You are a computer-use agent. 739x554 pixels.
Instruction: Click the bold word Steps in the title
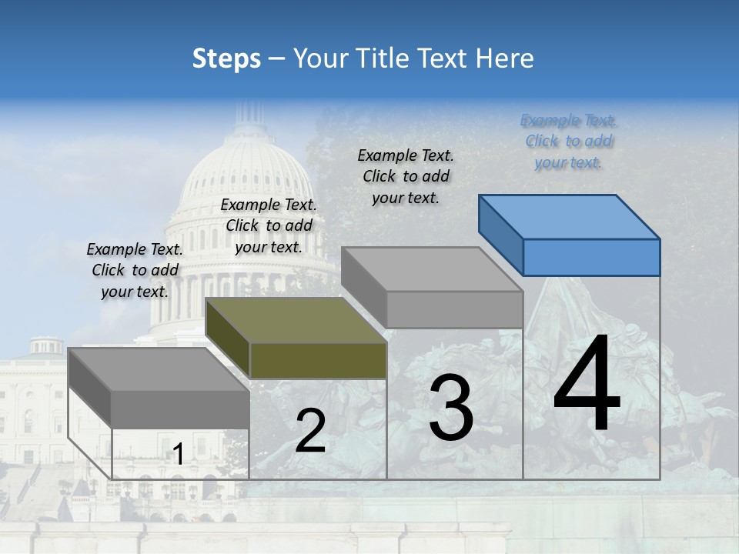point(226,58)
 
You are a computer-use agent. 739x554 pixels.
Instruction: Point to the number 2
point(310,431)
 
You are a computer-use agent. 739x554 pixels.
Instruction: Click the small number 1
point(178,455)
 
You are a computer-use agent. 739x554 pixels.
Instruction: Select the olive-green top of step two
point(296,320)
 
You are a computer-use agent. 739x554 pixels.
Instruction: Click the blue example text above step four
point(568,142)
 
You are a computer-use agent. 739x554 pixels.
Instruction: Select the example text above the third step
point(406,176)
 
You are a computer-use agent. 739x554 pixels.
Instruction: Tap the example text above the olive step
point(269,225)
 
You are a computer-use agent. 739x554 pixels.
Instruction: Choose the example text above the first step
point(135,270)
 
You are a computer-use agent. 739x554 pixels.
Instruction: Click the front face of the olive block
point(318,360)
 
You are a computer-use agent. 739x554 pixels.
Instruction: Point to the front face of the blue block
point(591,257)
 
